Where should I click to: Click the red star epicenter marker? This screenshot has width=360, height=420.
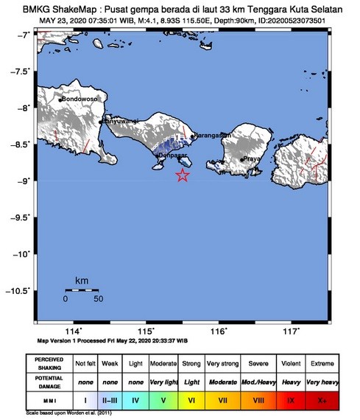(183, 175)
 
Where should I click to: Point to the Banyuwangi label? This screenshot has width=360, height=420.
(120, 120)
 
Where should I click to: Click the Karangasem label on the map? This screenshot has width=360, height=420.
(212, 136)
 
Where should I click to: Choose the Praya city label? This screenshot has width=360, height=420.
(253, 158)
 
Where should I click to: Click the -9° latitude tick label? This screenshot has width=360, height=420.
(24, 181)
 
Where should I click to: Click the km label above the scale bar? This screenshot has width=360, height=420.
(82, 281)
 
